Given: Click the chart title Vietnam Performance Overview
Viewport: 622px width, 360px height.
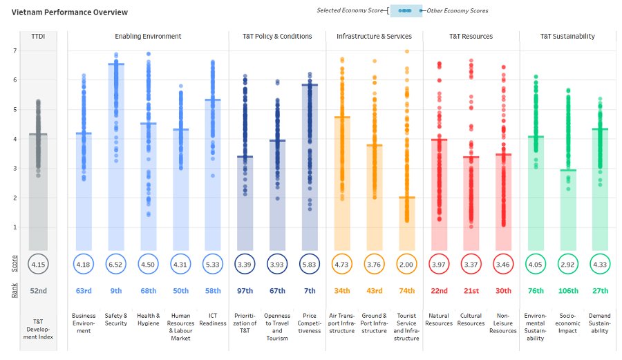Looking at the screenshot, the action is point(69,12).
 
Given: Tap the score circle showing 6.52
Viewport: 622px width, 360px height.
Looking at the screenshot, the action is point(116,264).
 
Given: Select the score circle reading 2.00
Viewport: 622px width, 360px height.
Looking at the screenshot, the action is point(406,264).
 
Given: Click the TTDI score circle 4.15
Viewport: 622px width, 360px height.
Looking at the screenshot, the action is point(39,264).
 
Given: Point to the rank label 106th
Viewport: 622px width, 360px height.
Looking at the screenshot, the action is point(568,291).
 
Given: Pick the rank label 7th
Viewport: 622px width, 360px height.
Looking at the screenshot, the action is point(310,291).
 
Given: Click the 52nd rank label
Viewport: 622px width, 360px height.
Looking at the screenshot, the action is point(39,291).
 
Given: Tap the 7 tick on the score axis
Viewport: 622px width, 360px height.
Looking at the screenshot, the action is point(15,50).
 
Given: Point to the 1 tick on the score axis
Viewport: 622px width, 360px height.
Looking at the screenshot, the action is point(15,227).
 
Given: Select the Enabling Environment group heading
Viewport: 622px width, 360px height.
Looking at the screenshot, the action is point(148,37).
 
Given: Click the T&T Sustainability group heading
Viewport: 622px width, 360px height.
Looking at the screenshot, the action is point(567,37).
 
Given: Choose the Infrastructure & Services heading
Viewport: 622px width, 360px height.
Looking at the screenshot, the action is point(374,37).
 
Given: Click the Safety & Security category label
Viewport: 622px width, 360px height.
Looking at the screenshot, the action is point(116,319).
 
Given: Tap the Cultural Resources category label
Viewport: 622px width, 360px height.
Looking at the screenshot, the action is point(471,319).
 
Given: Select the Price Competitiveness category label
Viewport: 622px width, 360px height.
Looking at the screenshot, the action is point(310,323).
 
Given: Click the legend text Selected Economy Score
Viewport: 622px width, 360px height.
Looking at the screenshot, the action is point(350,10).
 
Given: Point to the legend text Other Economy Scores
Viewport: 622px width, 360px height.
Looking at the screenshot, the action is point(458,10).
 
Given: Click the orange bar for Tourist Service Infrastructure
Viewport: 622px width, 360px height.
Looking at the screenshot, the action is point(406,224).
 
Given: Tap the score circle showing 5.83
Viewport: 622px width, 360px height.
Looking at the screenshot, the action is point(310,264).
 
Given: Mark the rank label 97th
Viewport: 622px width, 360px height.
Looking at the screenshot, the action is point(245,291).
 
